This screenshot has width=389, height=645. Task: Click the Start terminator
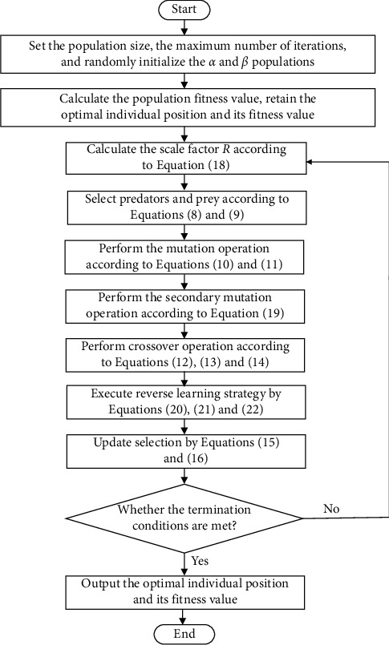(x=185, y=10)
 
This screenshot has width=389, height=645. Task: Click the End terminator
(x=185, y=634)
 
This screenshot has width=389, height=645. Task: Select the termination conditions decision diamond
(x=185, y=518)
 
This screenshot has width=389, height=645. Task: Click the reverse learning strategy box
(x=185, y=401)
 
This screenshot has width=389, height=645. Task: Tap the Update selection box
(x=185, y=451)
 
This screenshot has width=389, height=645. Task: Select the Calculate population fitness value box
(x=185, y=106)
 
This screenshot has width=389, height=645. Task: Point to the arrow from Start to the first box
(x=185, y=29)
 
